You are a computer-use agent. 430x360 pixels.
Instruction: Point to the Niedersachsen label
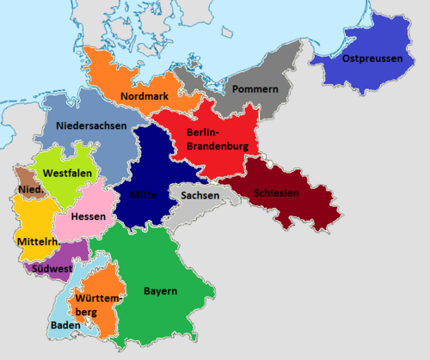[92, 126]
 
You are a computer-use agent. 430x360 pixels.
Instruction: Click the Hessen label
[90, 216]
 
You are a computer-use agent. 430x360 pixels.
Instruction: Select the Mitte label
[143, 195]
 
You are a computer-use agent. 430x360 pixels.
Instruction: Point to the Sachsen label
[200, 195]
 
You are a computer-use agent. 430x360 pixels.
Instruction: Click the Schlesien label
[277, 193]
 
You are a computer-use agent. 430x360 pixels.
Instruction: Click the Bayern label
[161, 290]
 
